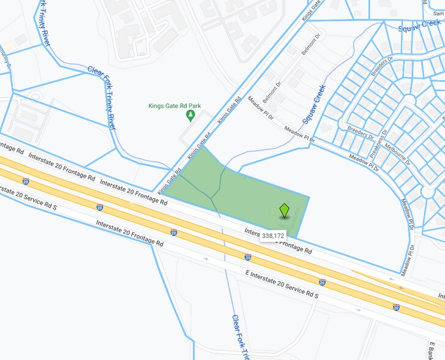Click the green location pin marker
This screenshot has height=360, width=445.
[284, 210]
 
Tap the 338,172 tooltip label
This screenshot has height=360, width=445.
[273, 235]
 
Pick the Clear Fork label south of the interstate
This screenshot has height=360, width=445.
[241, 337]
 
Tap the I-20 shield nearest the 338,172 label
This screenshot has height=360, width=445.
[247, 257]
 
